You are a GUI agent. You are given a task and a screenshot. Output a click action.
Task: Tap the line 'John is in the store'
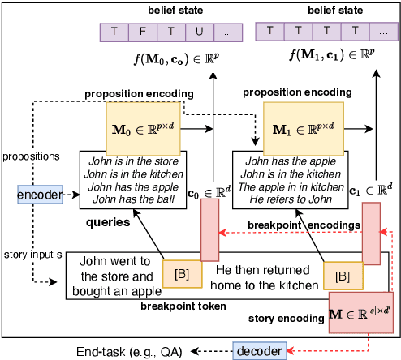pyautogui.click(x=132, y=165)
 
